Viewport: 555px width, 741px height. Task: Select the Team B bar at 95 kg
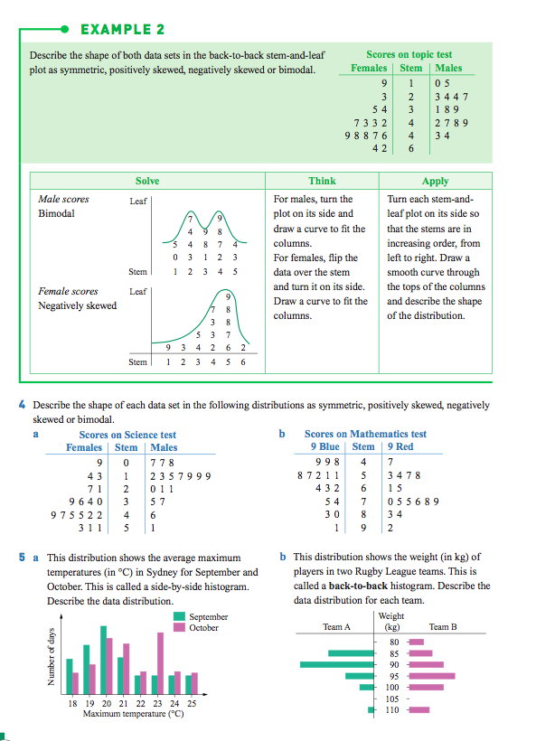[x=432, y=676]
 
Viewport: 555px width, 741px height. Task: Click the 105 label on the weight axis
[x=392, y=699]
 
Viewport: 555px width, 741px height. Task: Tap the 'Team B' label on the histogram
[x=443, y=626]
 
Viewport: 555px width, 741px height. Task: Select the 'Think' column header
[x=322, y=181]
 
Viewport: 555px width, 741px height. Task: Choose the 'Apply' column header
[x=435, y=181]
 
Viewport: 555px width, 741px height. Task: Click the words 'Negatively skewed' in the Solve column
[x=78, y=305]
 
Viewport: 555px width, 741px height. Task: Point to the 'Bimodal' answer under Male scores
[x=57, y=214]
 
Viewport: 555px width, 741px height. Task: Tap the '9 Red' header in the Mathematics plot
[x=400, y=446]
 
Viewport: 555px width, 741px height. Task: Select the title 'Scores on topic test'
[x=409, y=55]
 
